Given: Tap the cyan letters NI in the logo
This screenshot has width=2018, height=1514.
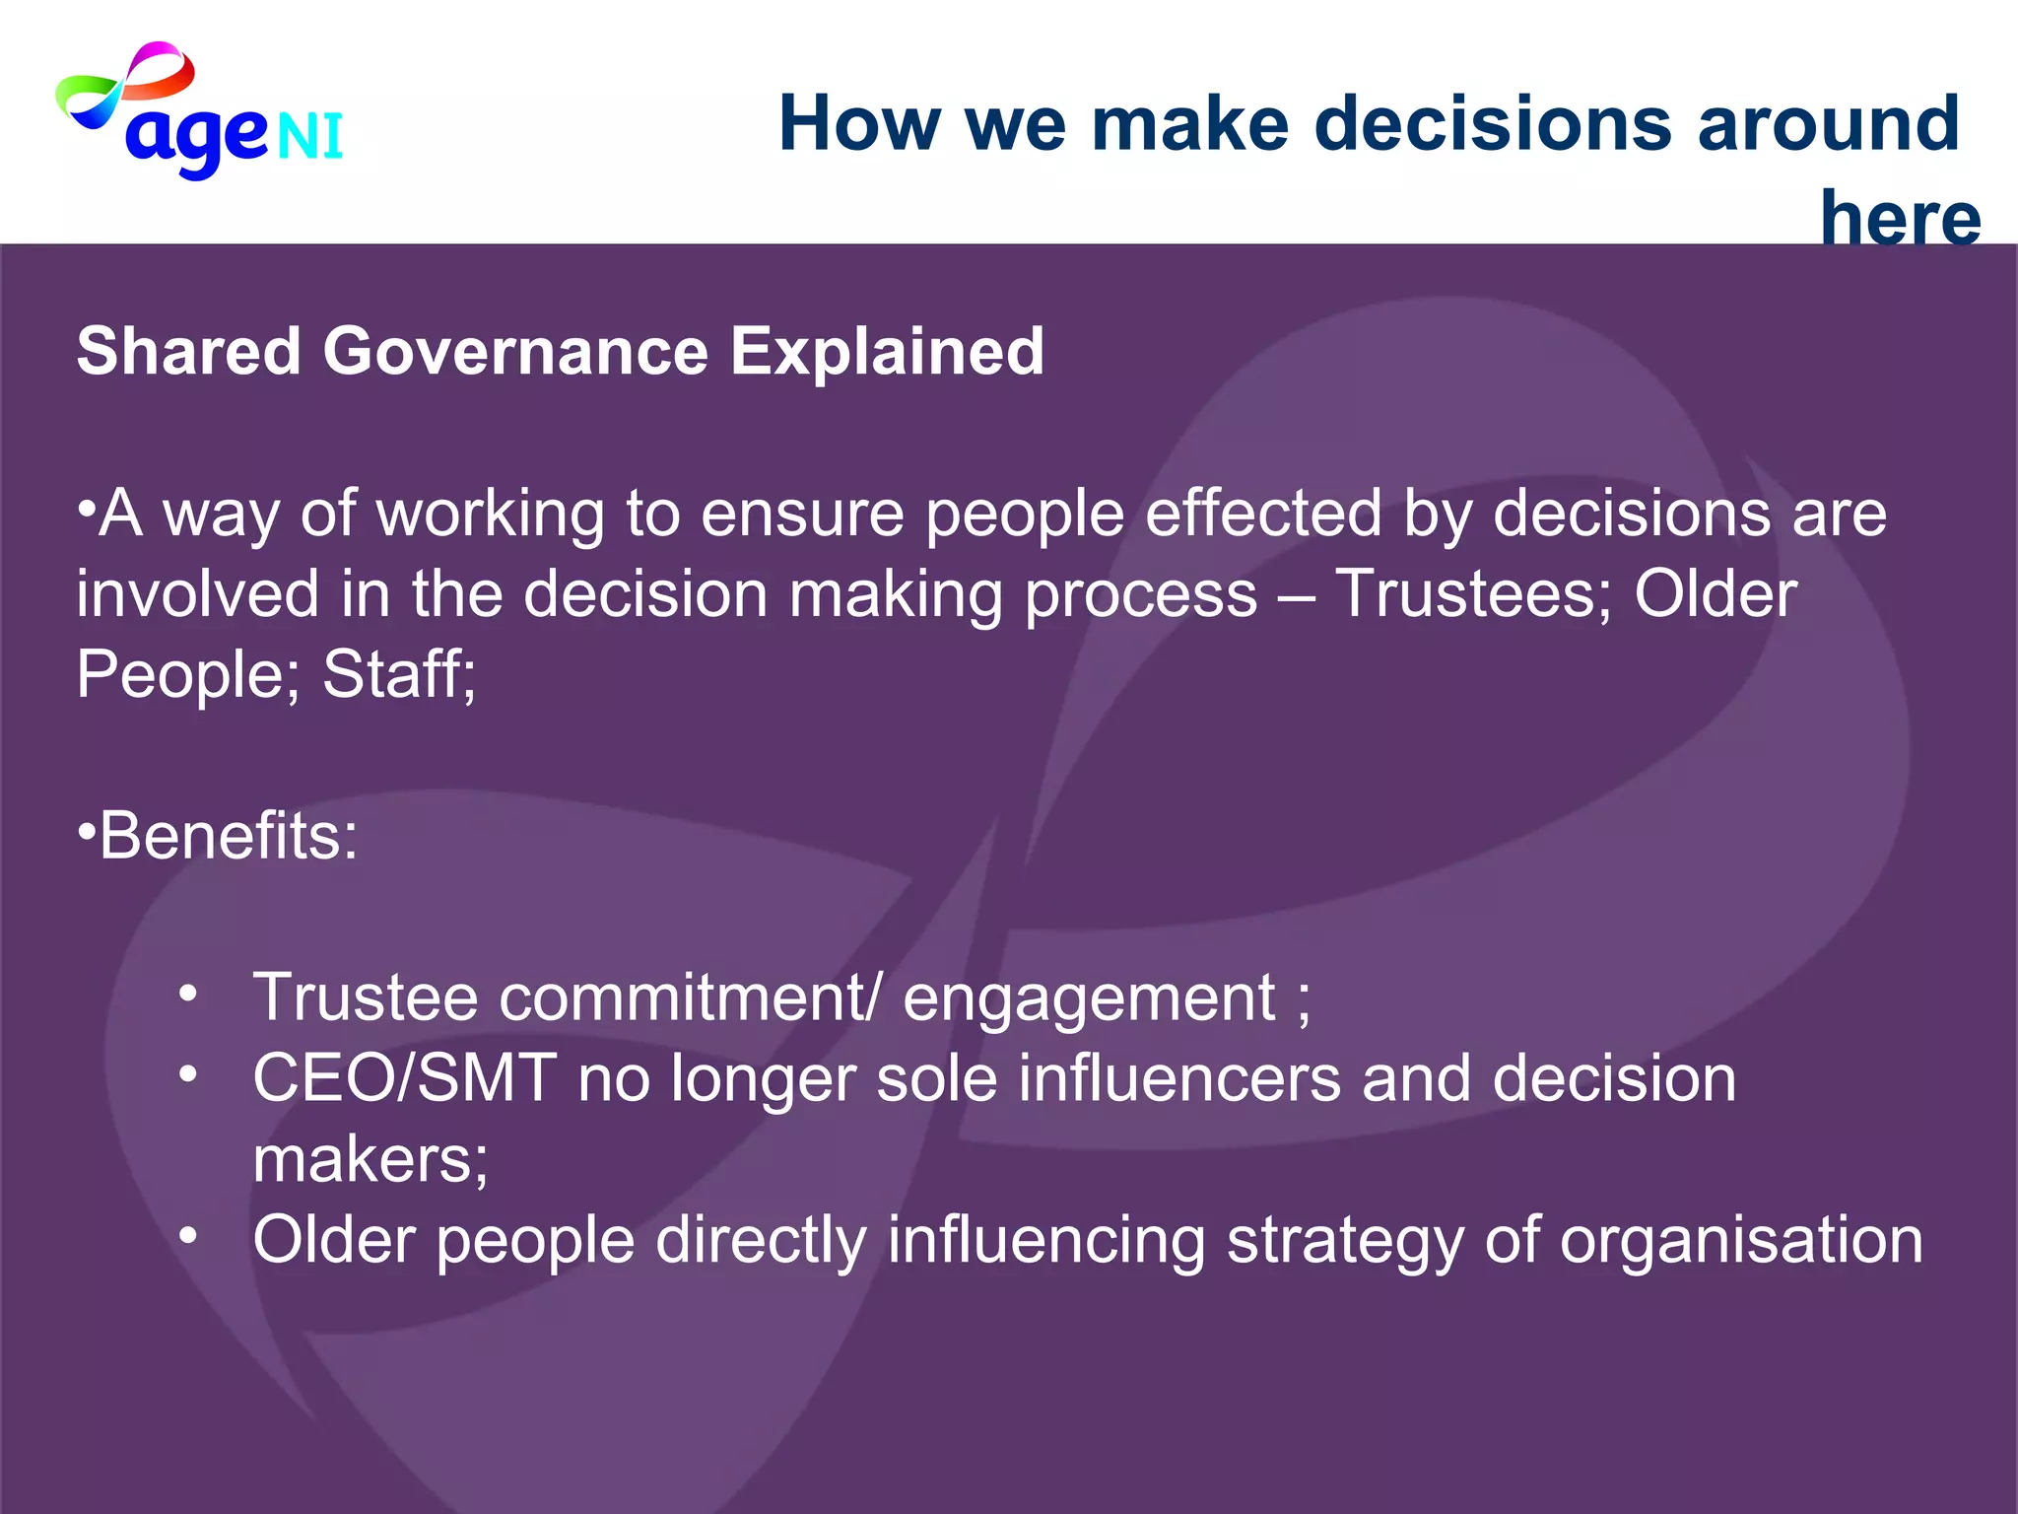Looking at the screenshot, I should tap(310, 136).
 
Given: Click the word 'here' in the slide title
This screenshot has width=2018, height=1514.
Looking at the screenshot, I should tap(1900, 217).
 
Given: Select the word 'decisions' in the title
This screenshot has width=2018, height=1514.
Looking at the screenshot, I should tap(1493, 124).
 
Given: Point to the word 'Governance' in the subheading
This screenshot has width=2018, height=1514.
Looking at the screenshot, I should tap(515, 352).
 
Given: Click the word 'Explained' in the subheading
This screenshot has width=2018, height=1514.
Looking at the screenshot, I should tap(887, 352).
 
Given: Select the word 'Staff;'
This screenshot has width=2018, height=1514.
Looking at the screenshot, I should tap(399, 675).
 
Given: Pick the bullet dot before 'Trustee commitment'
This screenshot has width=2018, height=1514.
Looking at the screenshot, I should tap(188, 993).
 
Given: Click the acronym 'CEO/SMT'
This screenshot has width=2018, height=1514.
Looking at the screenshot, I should tap(404, 1078).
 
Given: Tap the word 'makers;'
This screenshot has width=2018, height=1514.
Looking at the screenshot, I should tap(370, 1159).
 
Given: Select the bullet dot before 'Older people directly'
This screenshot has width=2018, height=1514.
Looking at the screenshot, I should tap(188, 1235).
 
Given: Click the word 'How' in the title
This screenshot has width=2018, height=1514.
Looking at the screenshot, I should tap(859, 124).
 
